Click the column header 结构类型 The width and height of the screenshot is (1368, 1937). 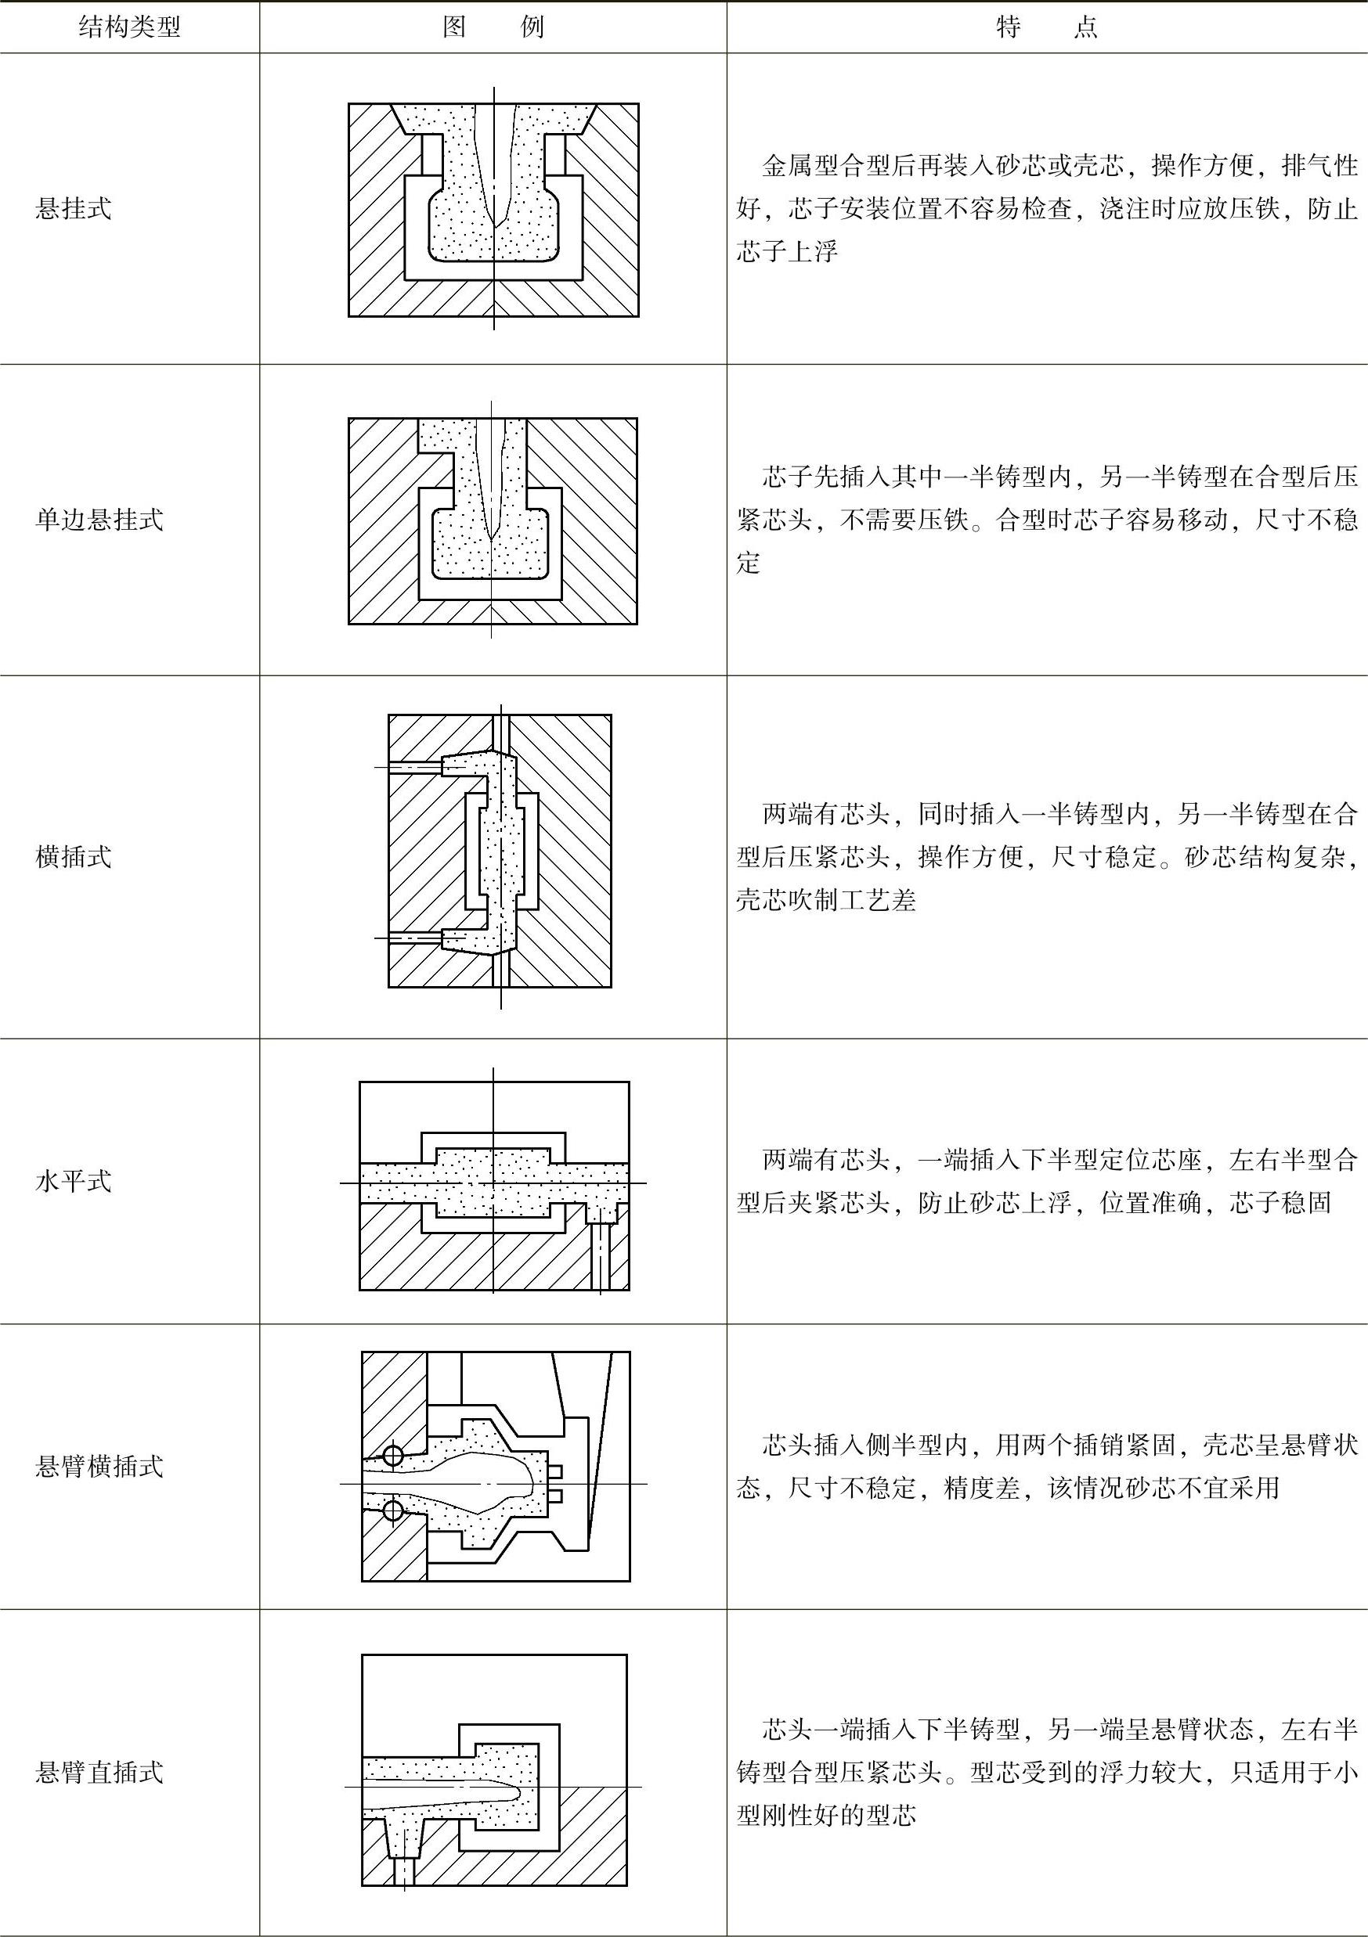129,28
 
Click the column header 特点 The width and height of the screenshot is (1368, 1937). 1046,28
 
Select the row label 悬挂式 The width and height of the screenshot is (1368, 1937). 74,209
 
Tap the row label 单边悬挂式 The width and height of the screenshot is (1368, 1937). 99,520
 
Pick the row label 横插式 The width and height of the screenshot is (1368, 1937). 74,857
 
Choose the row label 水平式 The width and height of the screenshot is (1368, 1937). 74,1181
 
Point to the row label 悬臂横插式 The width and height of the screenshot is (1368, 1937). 99,1466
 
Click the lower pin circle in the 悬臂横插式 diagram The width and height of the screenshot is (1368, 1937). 393,1510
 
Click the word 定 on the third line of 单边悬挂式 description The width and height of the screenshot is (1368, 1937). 748,563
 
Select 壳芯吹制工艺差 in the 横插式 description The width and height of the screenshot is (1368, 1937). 825,901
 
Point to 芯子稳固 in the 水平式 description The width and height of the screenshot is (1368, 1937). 1280,1202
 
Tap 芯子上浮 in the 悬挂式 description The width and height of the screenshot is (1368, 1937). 786,252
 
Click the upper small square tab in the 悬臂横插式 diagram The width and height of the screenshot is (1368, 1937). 554,1472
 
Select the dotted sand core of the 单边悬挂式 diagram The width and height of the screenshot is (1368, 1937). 493,549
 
